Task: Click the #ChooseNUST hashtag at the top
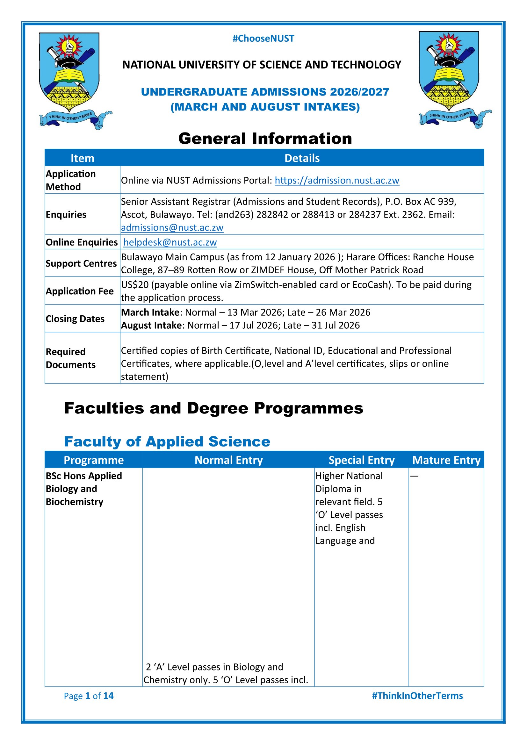click(263, 39)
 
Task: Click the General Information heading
click(265, 139)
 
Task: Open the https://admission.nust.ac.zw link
click(337, 180)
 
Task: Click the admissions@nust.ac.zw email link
click(172, 228)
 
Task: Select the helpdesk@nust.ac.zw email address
click(170, 242)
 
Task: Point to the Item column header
click(83, 158)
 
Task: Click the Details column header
click(302, 158)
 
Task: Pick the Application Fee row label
click(80, 291)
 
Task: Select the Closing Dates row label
click(75, 319)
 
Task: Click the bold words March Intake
click(150, 312)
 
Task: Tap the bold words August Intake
click(151, 326)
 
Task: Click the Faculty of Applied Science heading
click(167, 441)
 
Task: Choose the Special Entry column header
click(362, 460)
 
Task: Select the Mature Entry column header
click(446, 460)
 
